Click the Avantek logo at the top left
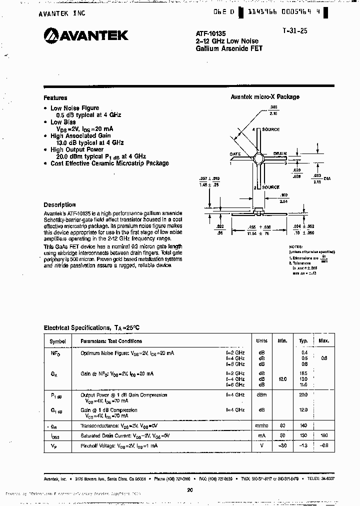click(86, 35)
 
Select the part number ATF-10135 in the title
click(207, 33)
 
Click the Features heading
click(55, 98)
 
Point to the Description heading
click(59, 204)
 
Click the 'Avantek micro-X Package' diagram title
click(264, 97)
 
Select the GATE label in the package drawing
click(235, 154)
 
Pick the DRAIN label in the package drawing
click(279, 154)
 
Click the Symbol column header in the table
click(57, 341)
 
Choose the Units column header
click(261, 341)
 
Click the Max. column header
click(323, 341)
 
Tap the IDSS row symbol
click(55, 436)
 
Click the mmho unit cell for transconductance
click(261, 426)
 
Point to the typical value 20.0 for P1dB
click(303, 395)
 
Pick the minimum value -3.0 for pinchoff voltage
click(282, 445)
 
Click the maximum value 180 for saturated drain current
click(323, 436)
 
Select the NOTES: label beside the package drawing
click(295, 247)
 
